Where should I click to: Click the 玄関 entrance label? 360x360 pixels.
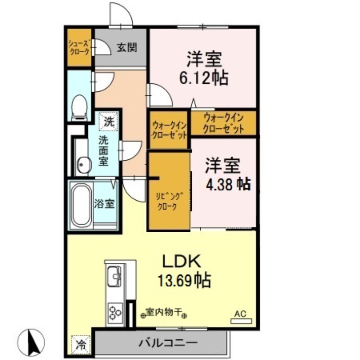click(127, 48)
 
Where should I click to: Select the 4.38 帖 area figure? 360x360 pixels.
click(228, 184)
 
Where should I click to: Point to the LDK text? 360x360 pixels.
click(182, 261)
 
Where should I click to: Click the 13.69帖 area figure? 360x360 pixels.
click(184, 280)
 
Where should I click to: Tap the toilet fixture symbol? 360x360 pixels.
click(80, 108)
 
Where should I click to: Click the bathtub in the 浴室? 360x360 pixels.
click(81, 205)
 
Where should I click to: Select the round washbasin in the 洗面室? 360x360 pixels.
click(84, 164)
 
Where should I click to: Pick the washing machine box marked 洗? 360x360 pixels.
click(108, 121)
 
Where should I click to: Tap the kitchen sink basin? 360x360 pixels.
click(114, 277)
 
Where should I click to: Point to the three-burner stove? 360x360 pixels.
click(115, 313)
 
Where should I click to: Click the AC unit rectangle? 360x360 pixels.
click(241, 321)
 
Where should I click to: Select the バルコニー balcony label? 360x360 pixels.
click(168, 343)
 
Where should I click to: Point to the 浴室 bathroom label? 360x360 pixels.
click(104, 203)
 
